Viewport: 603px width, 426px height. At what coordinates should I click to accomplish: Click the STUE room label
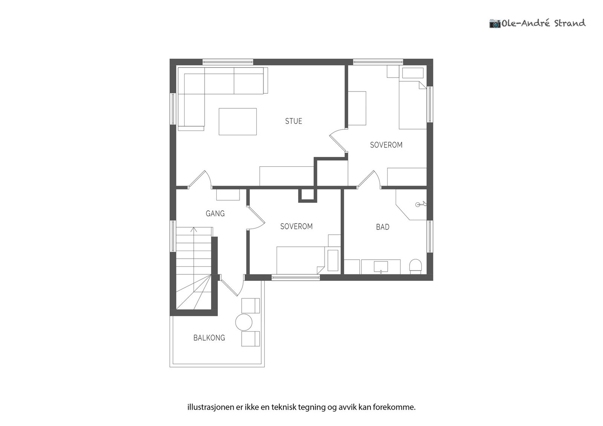click(x=294, y=121)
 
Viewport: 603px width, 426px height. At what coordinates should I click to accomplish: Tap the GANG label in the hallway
click(x=215, y=214)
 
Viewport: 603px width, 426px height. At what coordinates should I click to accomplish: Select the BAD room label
click(x=383, y=227)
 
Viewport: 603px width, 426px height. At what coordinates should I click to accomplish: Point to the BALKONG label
click(x=209, y=338)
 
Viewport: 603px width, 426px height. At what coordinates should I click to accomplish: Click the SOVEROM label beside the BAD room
click(x=296, y=227)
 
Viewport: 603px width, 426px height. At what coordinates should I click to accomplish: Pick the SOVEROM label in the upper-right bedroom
click(x=386, y=145)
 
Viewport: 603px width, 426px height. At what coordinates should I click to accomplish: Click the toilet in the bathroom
click(x=415, y=266)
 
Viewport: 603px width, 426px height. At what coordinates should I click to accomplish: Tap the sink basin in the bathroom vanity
click(x=381, y=267)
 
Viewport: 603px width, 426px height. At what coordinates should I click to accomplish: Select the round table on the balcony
click(x=243, y=322)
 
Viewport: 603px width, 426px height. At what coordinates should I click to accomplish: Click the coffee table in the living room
click(x=237, y=122)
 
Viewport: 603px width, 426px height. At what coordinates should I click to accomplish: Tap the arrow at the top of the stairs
click(x=194, y=230)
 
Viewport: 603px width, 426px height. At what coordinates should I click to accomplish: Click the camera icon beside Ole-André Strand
click(x=494, y=23)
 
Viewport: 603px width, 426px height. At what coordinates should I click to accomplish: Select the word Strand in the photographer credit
click(x=569, y=23)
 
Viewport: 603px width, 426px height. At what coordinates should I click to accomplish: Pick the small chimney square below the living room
click(x=308, y=195)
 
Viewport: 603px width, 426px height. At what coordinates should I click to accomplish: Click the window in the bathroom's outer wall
click(x=430, y=236)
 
